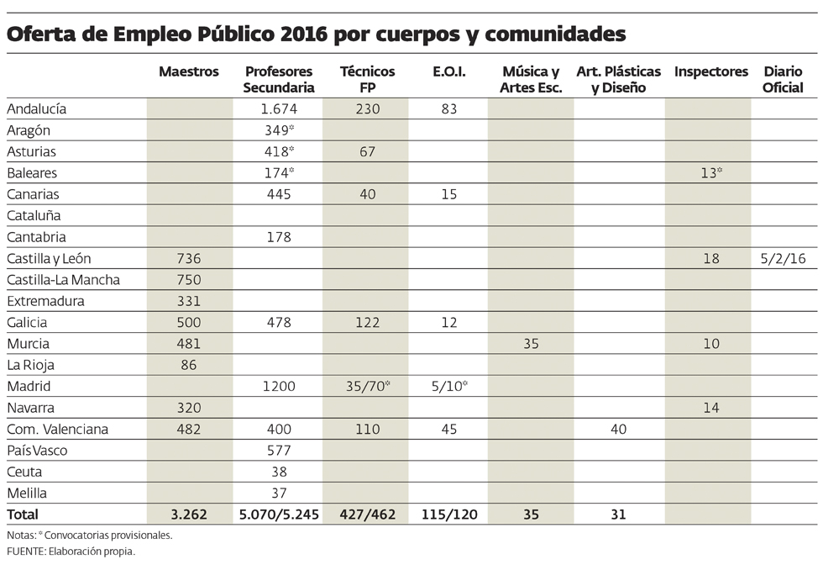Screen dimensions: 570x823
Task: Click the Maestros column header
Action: [x=189, y=72]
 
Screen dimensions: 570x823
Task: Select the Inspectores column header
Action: [x=710, y=72]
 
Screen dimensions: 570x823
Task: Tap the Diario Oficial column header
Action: [x=784, y=80]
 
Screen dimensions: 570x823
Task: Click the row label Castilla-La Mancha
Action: [x=63, y=280]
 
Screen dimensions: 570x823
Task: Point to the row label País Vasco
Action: [x=37, y=451]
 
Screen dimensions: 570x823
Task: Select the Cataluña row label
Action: [x=34, y=215]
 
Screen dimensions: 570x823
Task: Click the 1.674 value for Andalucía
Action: [x=280, y=108]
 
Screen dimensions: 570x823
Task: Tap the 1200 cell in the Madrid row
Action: [x=279, y=387]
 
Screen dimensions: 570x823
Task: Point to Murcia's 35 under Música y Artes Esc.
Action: [x=530, y=344]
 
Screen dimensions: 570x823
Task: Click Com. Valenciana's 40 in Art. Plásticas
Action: [x=618, y=430]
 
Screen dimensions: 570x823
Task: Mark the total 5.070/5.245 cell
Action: [x=279, y=514]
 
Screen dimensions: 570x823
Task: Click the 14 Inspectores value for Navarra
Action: [x=710, y=408]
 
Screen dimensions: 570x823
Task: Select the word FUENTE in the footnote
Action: [x=26, y=552]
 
